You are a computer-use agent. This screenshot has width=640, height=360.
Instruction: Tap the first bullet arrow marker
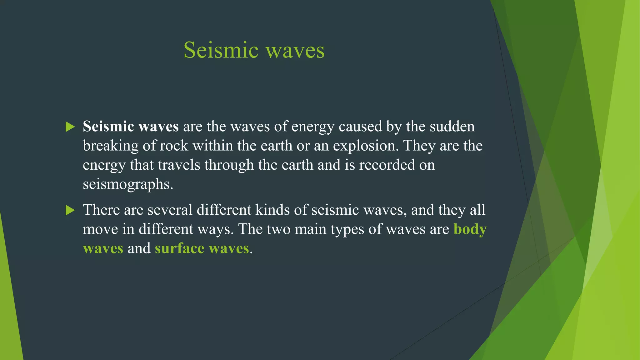70,127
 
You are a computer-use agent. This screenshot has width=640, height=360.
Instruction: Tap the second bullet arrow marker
70,210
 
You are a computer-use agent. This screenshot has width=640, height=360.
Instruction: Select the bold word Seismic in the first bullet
108,127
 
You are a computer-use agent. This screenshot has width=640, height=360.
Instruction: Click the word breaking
111,146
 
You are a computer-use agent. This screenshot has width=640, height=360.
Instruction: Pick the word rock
174,146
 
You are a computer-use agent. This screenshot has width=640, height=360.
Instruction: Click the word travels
179,165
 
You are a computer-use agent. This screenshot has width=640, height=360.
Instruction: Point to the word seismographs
127,184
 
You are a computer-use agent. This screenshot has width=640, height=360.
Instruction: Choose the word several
170,210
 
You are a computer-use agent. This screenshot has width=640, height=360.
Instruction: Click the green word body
470,229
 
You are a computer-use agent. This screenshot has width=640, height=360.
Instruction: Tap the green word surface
179,248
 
